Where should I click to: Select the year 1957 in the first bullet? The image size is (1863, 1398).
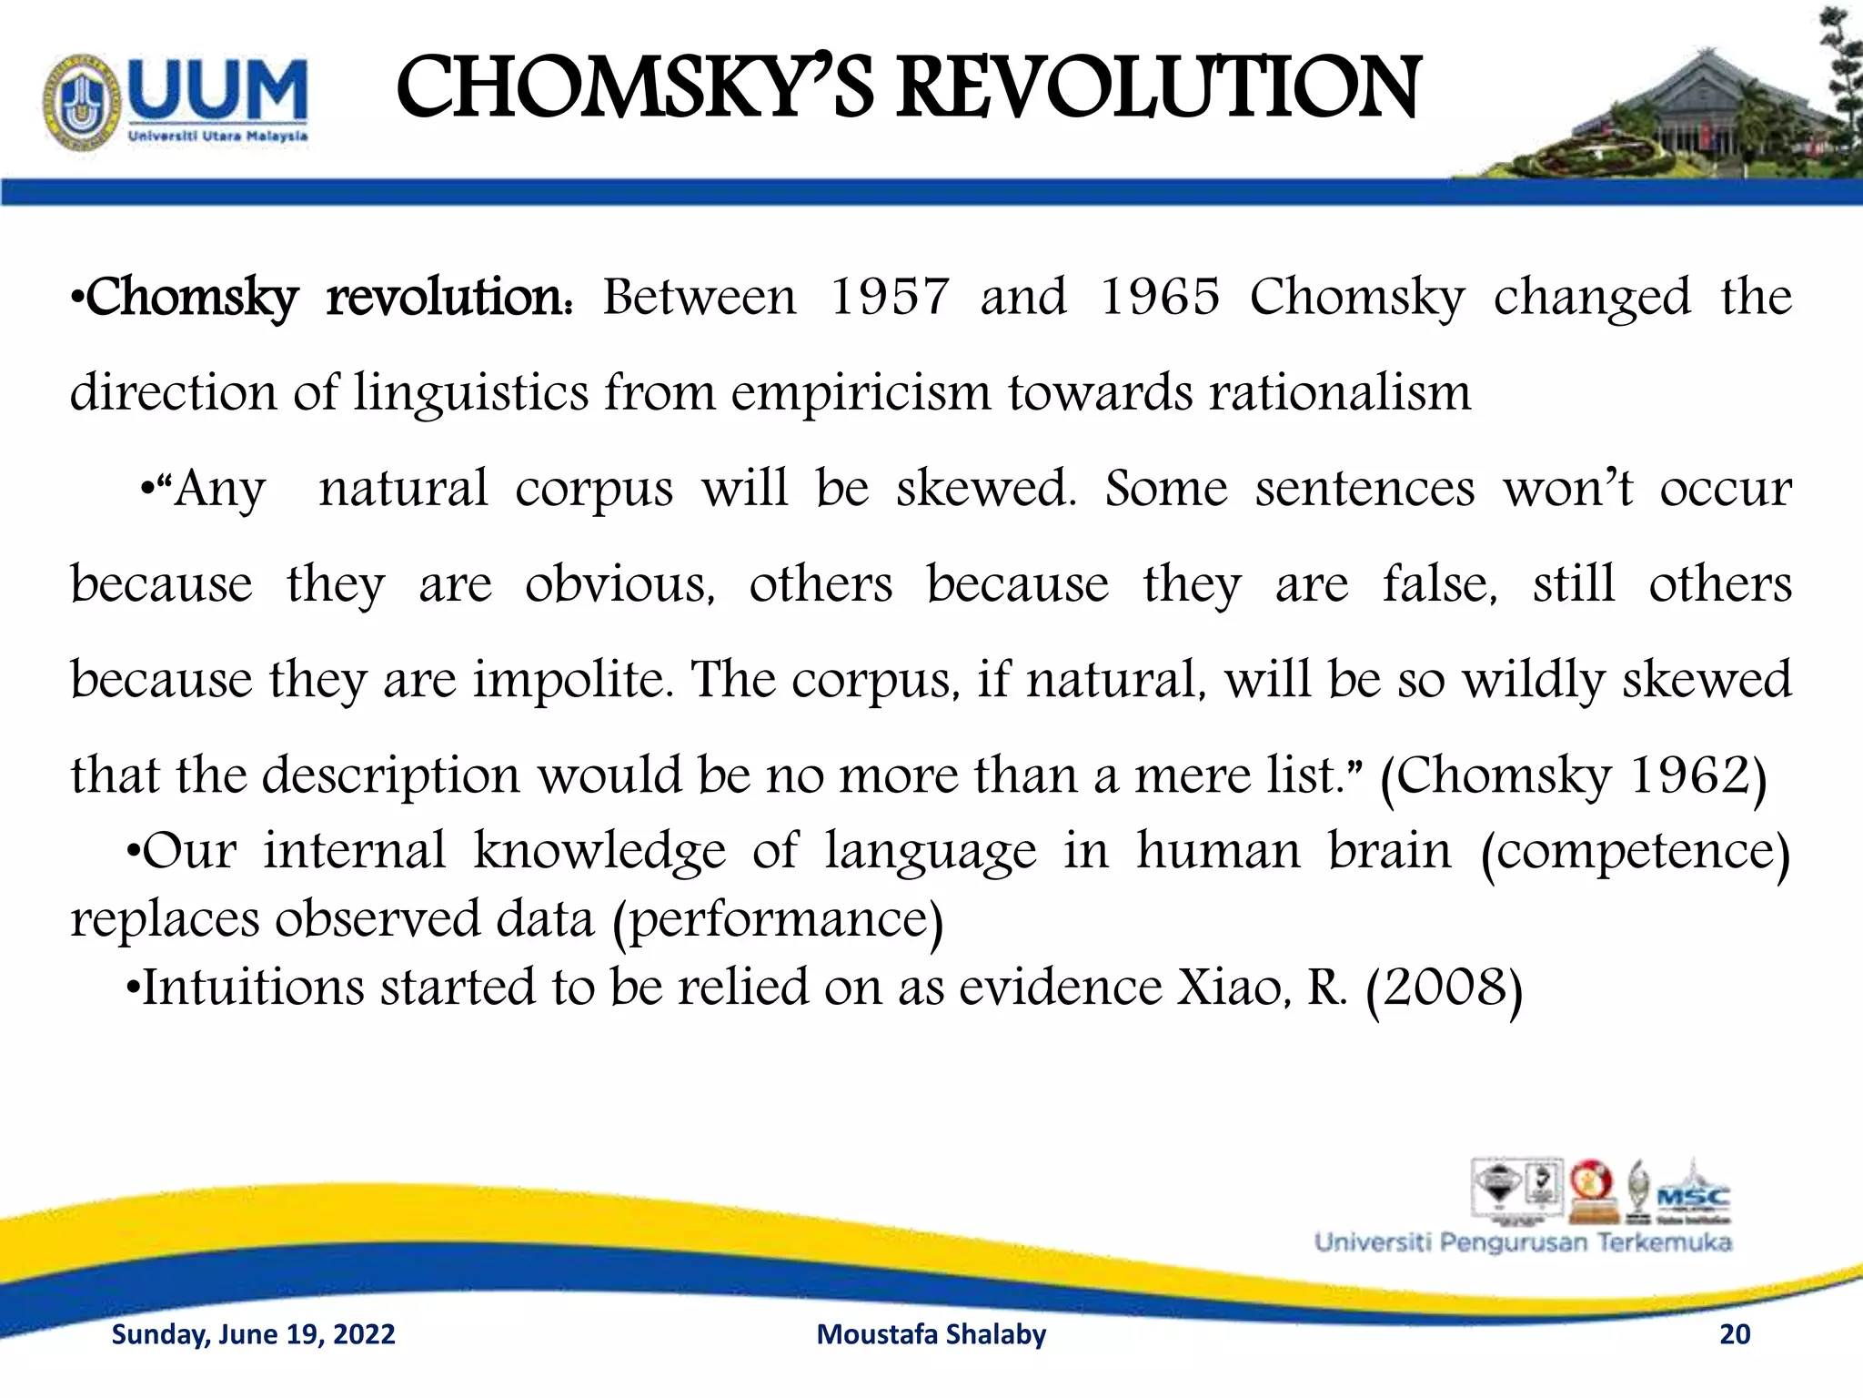click(x=890, y=297)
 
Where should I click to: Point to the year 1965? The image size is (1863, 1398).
click(x=1159, y=297)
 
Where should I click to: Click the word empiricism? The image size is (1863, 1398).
click(x=861, y=393)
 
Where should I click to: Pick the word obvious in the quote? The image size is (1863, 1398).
click(x=619, y=583)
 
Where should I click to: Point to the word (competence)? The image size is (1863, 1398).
click(x=1635, y=852)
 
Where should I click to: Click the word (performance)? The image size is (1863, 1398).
click(x=778, y=919)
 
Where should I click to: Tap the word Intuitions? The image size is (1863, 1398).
click(x=253, y=988)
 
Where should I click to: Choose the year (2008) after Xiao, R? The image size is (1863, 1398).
click(x=1444, y=988)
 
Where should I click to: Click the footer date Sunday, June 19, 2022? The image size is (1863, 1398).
click(x=253, y=1334)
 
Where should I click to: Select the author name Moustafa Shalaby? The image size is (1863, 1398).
click(x=931, y=1334)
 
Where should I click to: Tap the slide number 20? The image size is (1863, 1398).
click(x=1735, y=1334)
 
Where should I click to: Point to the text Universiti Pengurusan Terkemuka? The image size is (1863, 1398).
click(x=1523, y=1243)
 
